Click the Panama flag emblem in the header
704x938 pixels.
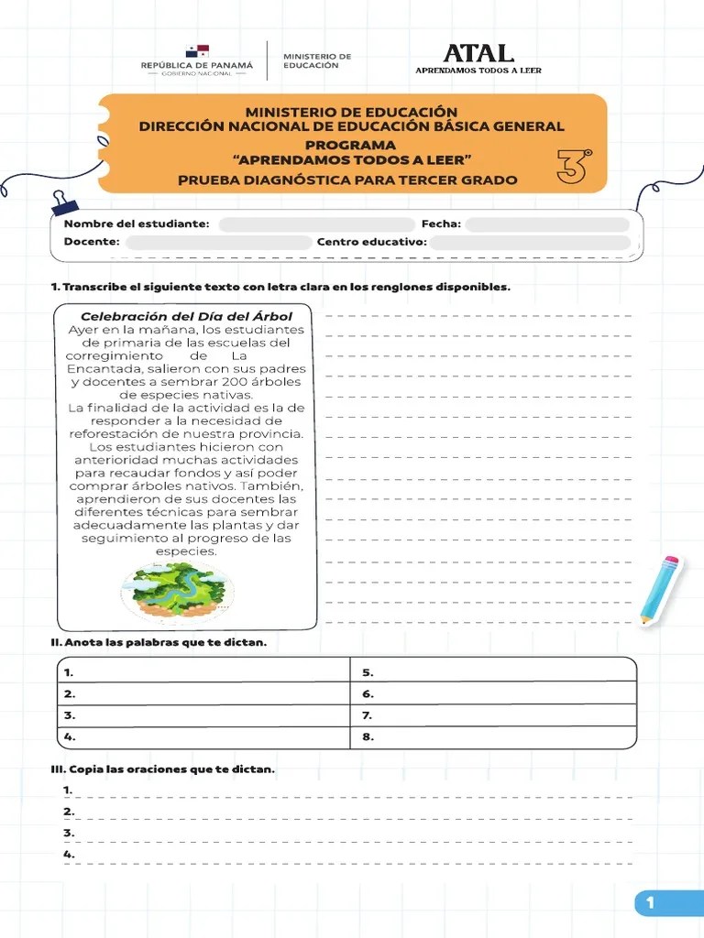(196, 51)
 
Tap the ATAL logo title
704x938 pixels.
(478, 53)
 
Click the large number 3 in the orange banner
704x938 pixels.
(573, 167)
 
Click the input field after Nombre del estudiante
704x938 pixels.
(316, 224)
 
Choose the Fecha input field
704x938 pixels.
(547, 224)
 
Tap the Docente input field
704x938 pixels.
(218, 243)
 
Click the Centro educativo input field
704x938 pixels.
(530, 243)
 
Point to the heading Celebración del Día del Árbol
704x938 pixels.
(186, 317)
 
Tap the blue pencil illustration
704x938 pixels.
(661, 589)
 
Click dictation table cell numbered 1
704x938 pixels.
(203, 672)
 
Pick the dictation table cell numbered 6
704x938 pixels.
(493, 694)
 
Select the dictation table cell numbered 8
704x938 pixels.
(493, 736)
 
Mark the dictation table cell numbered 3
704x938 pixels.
(203, 715)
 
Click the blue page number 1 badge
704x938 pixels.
(650, 903)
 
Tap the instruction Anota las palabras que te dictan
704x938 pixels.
(159, 643)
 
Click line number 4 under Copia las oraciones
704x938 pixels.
(348, 856)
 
